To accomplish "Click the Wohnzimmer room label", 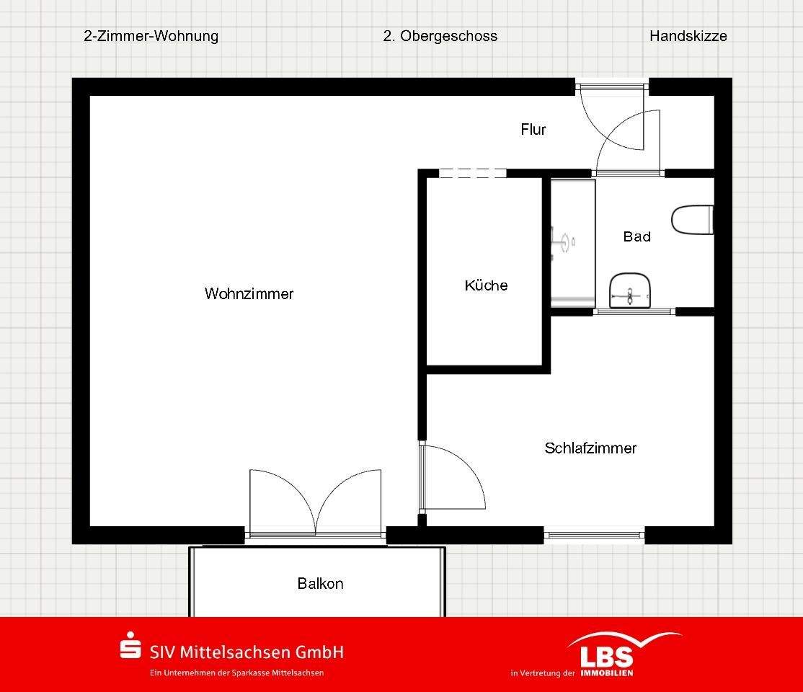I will [x=249, y=294].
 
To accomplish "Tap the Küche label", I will [x=486, y=285].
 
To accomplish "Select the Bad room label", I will [x=636, y=236].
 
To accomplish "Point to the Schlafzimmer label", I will [x=590, y=448].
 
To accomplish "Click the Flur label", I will [x=533, y=130].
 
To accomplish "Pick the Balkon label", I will [x=320, y=584].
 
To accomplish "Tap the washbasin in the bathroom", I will [x=630, y=291].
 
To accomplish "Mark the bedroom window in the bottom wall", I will [x=594, y=535].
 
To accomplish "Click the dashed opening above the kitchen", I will [x=472, y=173].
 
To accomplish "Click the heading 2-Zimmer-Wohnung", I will [x=151, y=36].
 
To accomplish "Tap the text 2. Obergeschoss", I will [x=440, y=36].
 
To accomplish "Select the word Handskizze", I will [x=688, y=36].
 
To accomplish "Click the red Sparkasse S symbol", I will [x=130, y=646].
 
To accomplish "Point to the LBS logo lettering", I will [x=607, y=656].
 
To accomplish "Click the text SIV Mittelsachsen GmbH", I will [x=246, y=652].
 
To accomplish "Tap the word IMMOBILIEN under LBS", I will [x=609, y=673].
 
